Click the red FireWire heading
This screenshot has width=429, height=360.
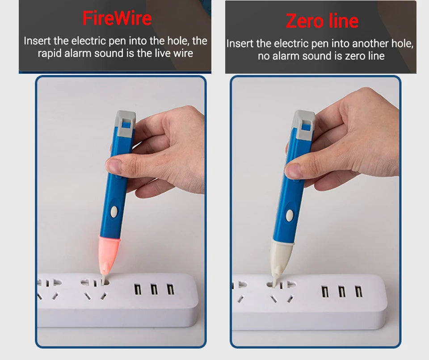(117, 18)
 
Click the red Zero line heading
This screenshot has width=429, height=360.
(322, 21)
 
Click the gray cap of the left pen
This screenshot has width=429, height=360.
(125, 122)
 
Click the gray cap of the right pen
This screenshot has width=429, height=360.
(303, 122)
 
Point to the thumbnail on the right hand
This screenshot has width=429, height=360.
(293, 171)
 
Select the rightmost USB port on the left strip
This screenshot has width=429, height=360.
(170, 289)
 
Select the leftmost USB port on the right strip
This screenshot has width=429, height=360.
(325, 291)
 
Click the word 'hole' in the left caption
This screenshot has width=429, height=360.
(178, 41)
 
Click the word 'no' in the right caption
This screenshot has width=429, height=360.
(264, 56)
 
